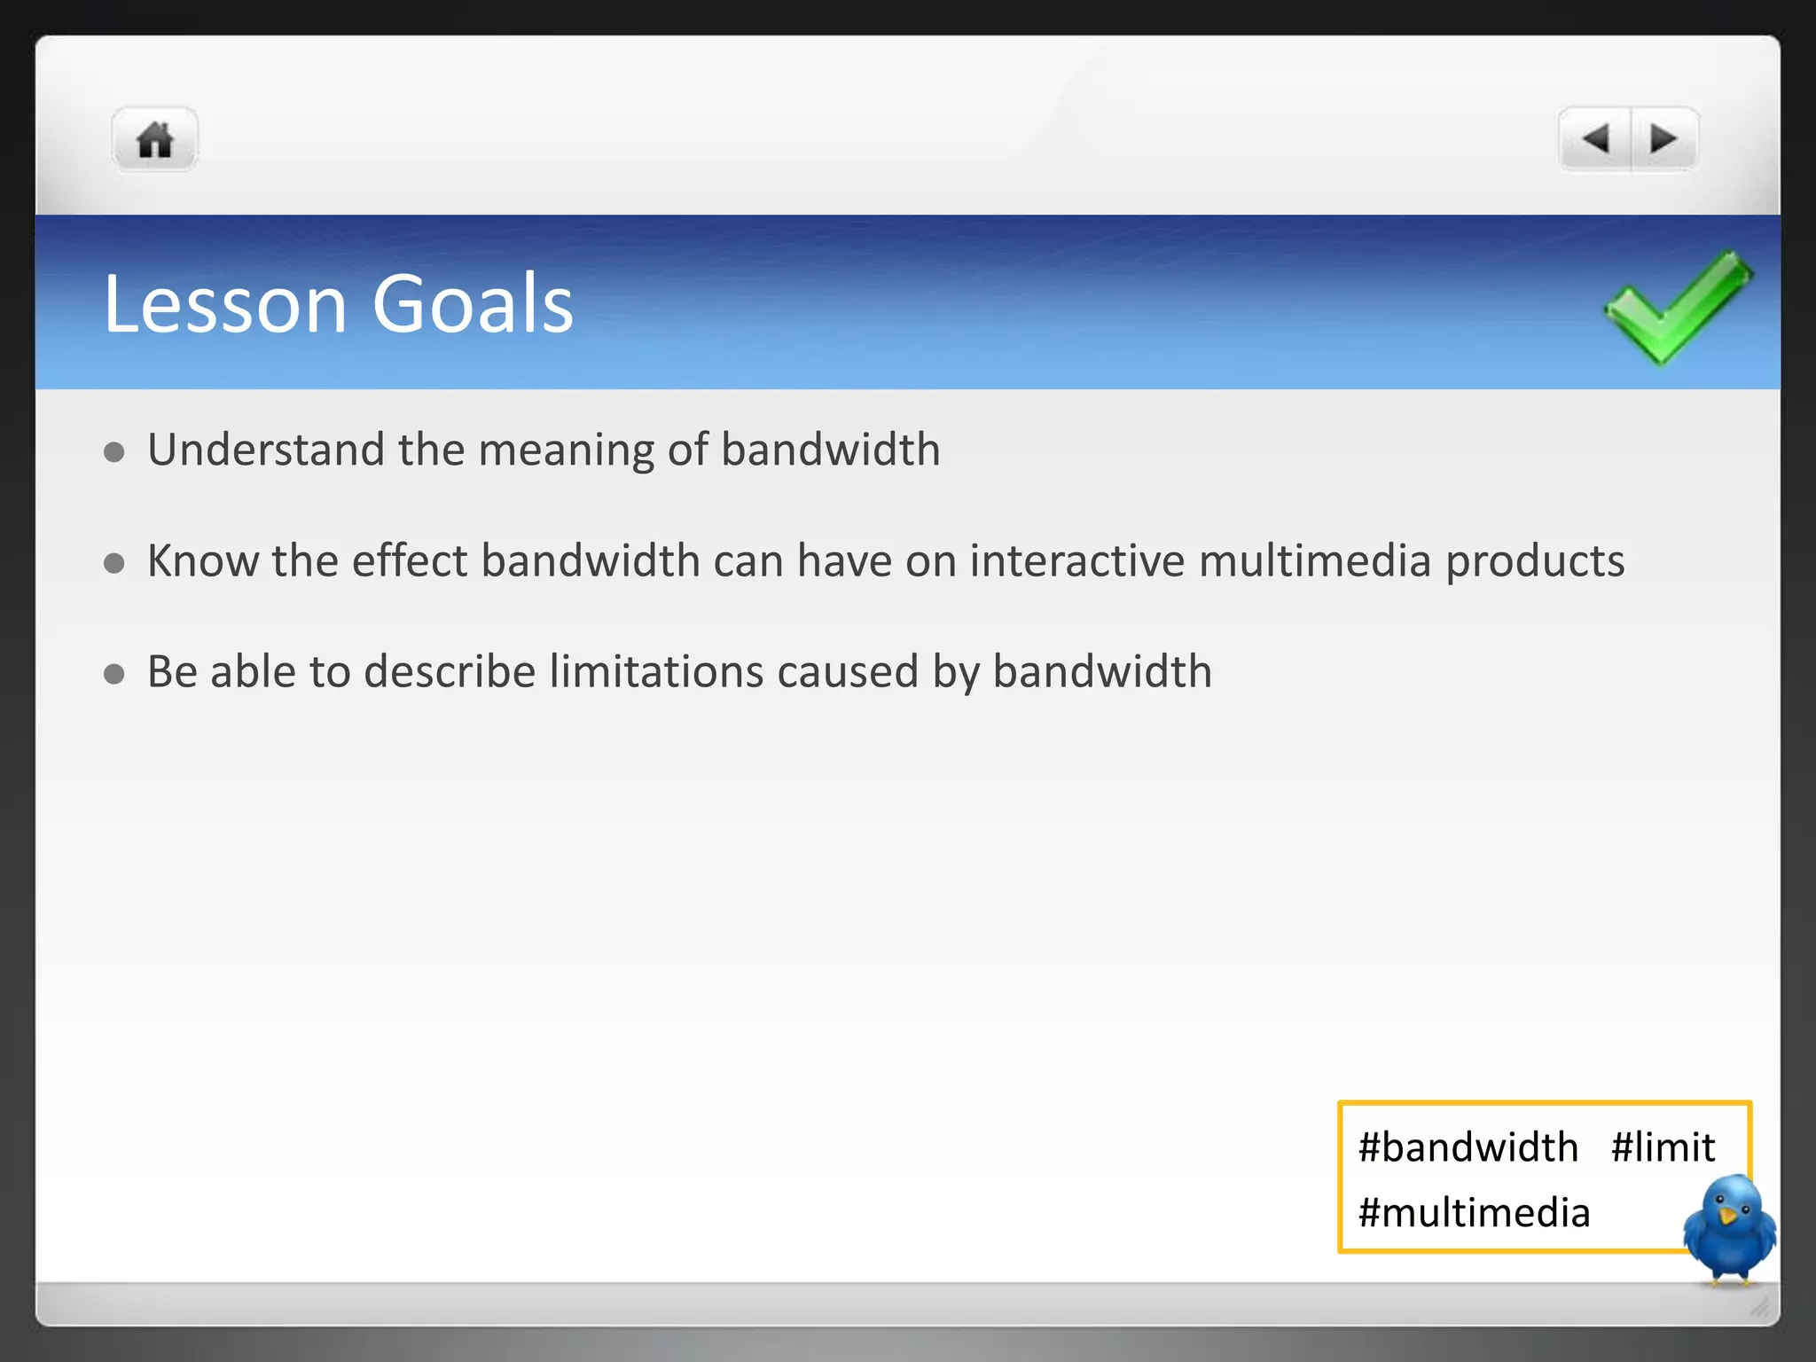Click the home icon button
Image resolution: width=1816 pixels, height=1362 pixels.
click(154, 140)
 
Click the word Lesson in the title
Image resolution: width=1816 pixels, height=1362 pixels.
click(225, 304)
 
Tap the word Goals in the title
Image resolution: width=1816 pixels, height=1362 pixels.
click(472, 304)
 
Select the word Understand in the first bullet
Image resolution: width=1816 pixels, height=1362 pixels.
click(265, 450)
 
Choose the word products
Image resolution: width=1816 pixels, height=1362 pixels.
click(1535, 562)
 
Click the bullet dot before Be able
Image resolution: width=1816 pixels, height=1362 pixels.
click(113, 674)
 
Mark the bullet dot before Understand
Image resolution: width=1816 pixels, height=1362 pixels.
click(113, 452)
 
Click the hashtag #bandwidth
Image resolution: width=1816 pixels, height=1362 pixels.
click(1468, 1147)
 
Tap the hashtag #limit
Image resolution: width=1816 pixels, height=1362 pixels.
click(1663, 1147)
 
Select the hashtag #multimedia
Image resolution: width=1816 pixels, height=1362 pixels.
click(1474, 1213)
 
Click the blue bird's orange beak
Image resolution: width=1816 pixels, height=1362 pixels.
click(1726, 1216)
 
